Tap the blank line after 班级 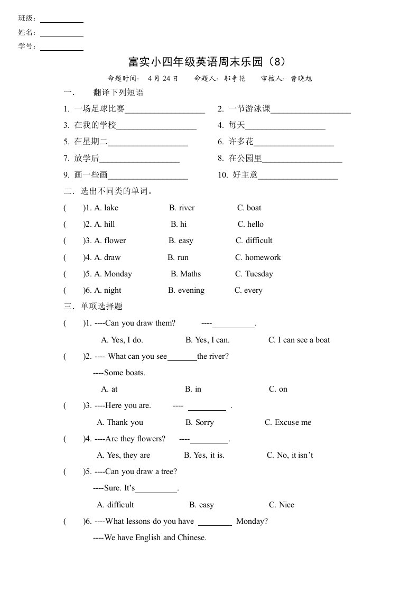(62, 21)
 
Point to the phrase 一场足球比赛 (99, 109)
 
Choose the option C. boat (249, 208)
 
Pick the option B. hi (178, 224)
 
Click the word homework (263, 257)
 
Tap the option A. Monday (113, 274)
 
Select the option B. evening (186, 290)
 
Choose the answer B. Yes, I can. (207, 340)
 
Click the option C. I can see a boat (299, 340)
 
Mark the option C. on (278, 389)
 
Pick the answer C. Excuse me (288, 422)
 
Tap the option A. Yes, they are (124, 455)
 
